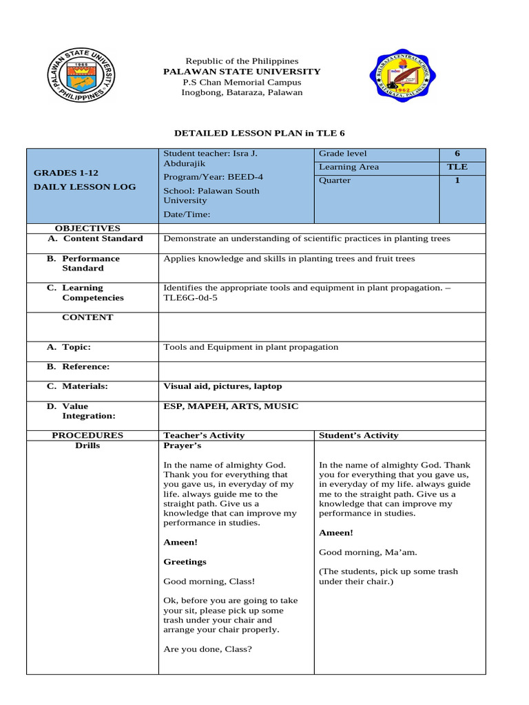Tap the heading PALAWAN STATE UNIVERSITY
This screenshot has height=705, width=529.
click(241, 72)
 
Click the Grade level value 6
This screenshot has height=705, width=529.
click(457, 154)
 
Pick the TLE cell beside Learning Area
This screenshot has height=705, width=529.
click(457, 167)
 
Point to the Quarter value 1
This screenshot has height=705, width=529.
click(457, 180)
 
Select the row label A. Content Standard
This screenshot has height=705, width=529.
click(95, 238)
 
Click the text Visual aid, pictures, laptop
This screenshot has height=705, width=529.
click(222, 386)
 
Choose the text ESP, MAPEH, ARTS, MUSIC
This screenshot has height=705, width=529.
click(231, 406)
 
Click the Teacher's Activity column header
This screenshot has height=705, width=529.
click(204, 435)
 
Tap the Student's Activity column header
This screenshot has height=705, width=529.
click(358, 435)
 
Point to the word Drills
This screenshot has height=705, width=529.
click(87, 445)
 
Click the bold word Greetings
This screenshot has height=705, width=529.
click(185, 562)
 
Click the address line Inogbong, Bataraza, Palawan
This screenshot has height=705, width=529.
click(241, 92)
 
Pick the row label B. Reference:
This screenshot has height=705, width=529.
click(78, 367)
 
